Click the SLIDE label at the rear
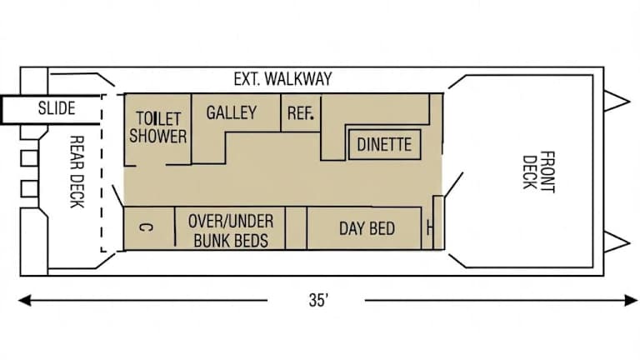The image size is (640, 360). [x=57, y=108]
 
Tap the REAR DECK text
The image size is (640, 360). [x=77, y=172]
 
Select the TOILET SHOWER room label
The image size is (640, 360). [x=158, y=127]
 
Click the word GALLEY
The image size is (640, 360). [x=232, y=112]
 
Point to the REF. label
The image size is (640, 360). [x=300, y=113]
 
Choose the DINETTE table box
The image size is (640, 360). [x=384, y=144]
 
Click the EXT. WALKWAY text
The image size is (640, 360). [x=282, y=79]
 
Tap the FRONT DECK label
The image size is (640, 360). [x=539, y=172]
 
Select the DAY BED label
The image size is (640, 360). [x=367, y=228]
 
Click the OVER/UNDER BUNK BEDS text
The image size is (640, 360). [x=231, y=231]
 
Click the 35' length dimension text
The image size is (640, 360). [x=318, y=300]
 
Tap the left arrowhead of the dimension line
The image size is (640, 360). [x=24, y=300]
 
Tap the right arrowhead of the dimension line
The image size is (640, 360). [x=631, y=300]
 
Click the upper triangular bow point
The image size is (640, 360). [x=616, y=100]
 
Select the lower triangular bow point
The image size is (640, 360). [x=616, y=242]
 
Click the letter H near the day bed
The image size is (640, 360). [x=429, y=228]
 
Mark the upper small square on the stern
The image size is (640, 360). [x=29, y=158]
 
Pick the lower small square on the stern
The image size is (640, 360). [x=29, y=188]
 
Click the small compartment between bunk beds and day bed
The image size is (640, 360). [x=296, y=227]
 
